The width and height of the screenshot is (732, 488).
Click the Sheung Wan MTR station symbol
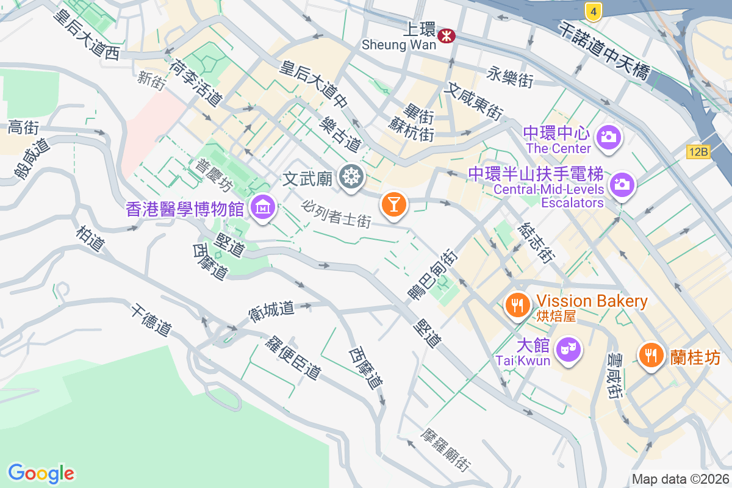[447, 36]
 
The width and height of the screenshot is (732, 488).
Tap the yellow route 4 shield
[593, 10]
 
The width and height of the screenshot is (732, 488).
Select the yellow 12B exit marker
[698, 152]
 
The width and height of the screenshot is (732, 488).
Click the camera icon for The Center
[608, 137]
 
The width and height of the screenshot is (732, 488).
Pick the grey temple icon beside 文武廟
[353, 178]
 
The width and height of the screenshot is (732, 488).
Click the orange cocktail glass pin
[394, 204]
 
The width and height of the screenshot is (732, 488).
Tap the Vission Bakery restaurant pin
[518, 304]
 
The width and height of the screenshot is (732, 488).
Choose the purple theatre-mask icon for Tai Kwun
[568, 349]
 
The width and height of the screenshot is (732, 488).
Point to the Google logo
[41, 473]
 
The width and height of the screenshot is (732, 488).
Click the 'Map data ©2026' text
[680, 479]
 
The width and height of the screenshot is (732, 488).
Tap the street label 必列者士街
[336, 213]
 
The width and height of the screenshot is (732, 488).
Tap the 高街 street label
[23, 127]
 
